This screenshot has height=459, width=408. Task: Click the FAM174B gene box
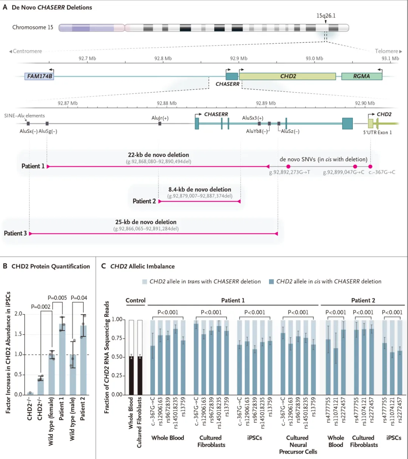[x=39, y=76]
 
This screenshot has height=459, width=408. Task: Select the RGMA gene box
[x=362, y=76]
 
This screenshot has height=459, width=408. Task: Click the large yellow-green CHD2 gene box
[x=287, y=76]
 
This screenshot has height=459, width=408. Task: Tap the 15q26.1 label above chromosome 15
[x=326, y=15]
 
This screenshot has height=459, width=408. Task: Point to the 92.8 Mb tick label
[x=163, y=59]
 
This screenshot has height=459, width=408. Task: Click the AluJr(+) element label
[x=160, y=118]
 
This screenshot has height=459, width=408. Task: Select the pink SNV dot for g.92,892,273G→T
[x=288, y=166]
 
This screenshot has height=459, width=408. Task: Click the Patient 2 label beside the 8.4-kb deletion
[x=144, y=201]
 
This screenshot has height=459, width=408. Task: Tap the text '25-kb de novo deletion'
[x=146, y=222]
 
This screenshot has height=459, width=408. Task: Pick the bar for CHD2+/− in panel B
[x=40, y=386]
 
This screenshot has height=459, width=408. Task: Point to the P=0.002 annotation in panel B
[x=40, y=307]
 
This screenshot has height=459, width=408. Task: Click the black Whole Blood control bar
[x=131, y=376]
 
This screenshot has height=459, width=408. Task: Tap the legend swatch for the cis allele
[x=271, y=282]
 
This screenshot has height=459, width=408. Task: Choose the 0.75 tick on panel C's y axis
[x=117, y=338]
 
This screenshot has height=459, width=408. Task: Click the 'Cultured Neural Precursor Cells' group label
[x=298, y=445]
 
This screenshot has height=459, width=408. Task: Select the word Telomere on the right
[x=386, y=51]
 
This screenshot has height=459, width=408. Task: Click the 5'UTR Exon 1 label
[x=378, y=132]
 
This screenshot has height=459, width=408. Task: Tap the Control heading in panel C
[x=135, y=300]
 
